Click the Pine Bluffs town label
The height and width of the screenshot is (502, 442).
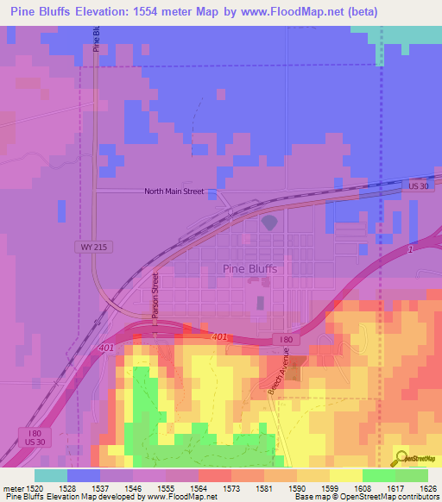(x=249, y=268)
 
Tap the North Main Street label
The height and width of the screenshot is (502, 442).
(x=174, y=191)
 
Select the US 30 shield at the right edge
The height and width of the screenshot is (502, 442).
(x=419, y=186)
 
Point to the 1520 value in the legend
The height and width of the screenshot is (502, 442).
(x=35, y=488)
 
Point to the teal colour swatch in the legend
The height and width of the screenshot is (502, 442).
(x=51, y=475)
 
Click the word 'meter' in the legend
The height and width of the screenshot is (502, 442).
(x=11, y=488)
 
